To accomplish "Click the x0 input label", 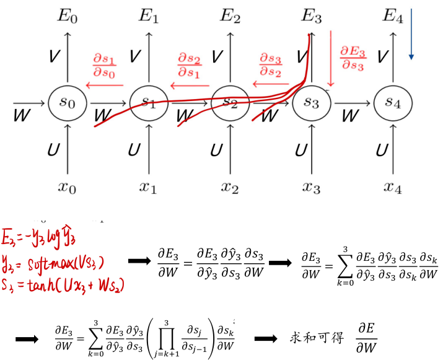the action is point(66,187).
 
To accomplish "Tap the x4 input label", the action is point(393,187).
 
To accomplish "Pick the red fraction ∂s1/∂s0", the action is point(104,64).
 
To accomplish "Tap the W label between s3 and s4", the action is point(351,115).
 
